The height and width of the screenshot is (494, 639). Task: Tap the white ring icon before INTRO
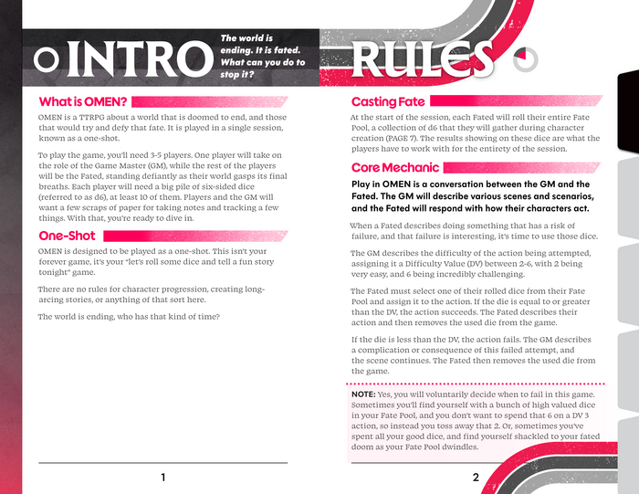(x=46, y=60)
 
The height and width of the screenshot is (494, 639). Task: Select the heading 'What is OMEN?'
(x=83, y=100)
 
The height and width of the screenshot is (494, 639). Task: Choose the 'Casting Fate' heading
(x=388, y=101)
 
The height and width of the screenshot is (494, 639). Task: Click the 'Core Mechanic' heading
(x=395, y=168)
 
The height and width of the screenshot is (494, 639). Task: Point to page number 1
(x=162, y=478)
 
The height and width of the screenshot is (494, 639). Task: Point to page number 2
(x=476, y=478)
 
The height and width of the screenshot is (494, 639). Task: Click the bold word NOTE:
(x=369, y=394)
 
